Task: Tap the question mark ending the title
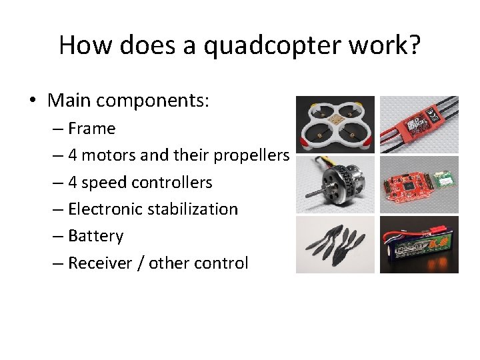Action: click(x=415, y=45)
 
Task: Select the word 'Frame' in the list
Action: click(x=91, y=128)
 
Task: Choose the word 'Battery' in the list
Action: click(x=95, y=236)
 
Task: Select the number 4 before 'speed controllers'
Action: click(x=72, y=183)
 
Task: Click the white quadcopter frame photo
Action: click(x=335, y=125)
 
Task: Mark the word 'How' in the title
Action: click(x=79, y=45)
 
